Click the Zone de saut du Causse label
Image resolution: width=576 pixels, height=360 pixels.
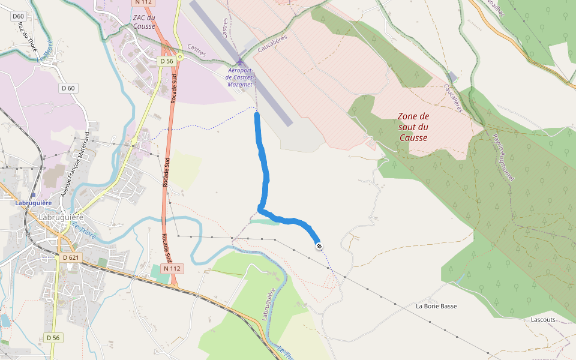(413, 127)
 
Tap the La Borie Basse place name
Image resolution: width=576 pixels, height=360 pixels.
(436, 306)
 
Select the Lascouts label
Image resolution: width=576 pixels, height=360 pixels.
(543, 320)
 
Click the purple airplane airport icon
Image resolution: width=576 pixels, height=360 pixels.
(241, 62)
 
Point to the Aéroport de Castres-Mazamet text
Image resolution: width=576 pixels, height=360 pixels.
(241, 77)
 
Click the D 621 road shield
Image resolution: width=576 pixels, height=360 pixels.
(71, 257)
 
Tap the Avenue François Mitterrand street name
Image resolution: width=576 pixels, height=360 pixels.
(75, 164)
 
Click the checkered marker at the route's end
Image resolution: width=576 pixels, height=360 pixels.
(319, 245)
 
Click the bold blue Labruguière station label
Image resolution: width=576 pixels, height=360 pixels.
(33, 203)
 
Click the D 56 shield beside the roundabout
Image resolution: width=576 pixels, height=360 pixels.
(167, 61)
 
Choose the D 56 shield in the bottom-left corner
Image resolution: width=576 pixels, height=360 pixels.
(53, 338)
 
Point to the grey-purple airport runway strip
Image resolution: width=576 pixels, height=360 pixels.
(240, 60)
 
